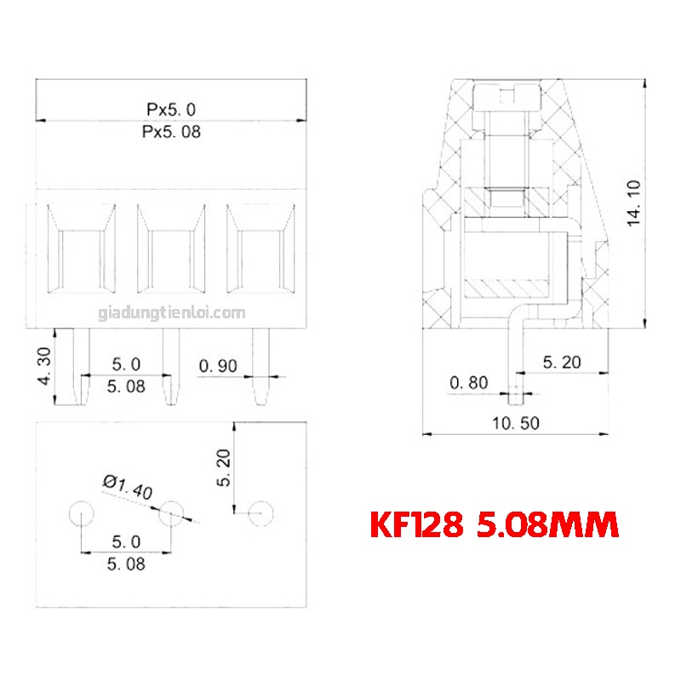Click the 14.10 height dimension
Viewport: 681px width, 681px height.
[x=632, y=204]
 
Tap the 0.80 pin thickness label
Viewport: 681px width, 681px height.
[x=468, y=383]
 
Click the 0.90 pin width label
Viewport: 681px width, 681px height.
[x=220, y=366]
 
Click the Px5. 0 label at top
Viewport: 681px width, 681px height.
[x=171, y=110]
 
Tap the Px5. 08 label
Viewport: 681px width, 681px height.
[x=171, y=133]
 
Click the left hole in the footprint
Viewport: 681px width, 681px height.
[x=81, y=513]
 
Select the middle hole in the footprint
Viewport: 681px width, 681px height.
[x=171, y=513]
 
